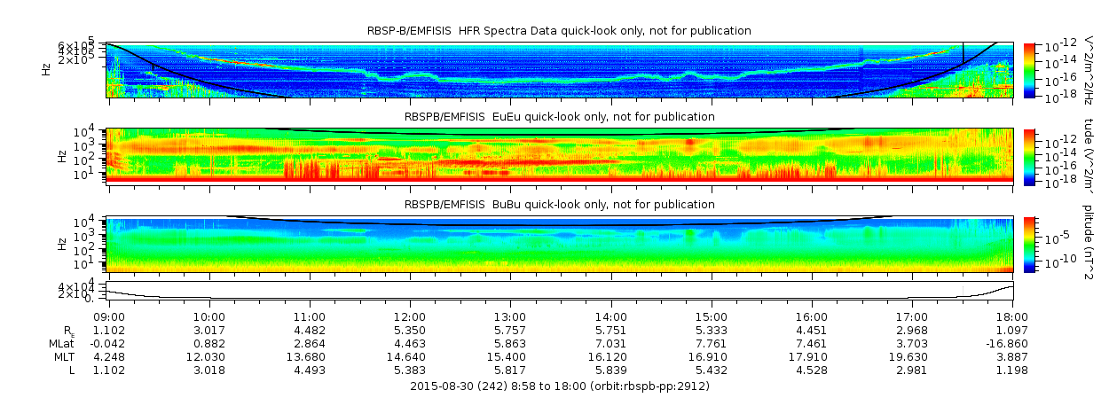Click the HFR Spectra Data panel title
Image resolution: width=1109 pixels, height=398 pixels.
click(559, 31)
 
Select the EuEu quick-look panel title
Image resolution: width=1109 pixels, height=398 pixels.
click(559, 116)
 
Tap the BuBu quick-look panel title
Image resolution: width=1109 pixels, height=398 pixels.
click(559, 204)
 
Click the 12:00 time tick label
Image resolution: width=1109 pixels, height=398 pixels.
click(410, 315)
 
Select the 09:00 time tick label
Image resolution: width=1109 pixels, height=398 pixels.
click(109, 315)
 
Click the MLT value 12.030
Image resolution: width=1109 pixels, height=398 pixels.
click(209, 356)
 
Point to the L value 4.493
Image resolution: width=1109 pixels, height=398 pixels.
click(310, 370)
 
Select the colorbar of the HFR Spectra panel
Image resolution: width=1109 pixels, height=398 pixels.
click(1029, 69)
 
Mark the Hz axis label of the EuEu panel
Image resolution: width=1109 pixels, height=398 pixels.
click(61, 156)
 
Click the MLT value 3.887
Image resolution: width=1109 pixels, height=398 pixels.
click(1013, 356)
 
